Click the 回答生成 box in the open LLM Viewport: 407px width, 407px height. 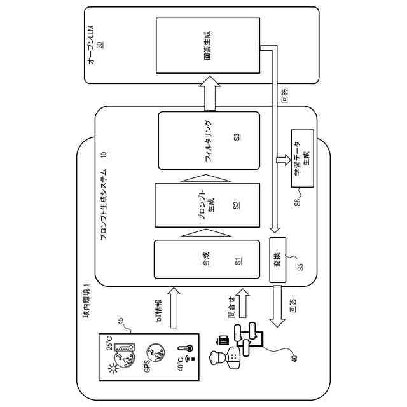209,45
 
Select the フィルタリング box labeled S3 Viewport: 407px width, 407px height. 209,141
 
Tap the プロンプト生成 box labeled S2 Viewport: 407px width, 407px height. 209,205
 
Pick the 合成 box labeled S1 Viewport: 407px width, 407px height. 207,259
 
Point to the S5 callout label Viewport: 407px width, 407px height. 300,266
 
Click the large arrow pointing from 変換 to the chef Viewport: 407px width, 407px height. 278,305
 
